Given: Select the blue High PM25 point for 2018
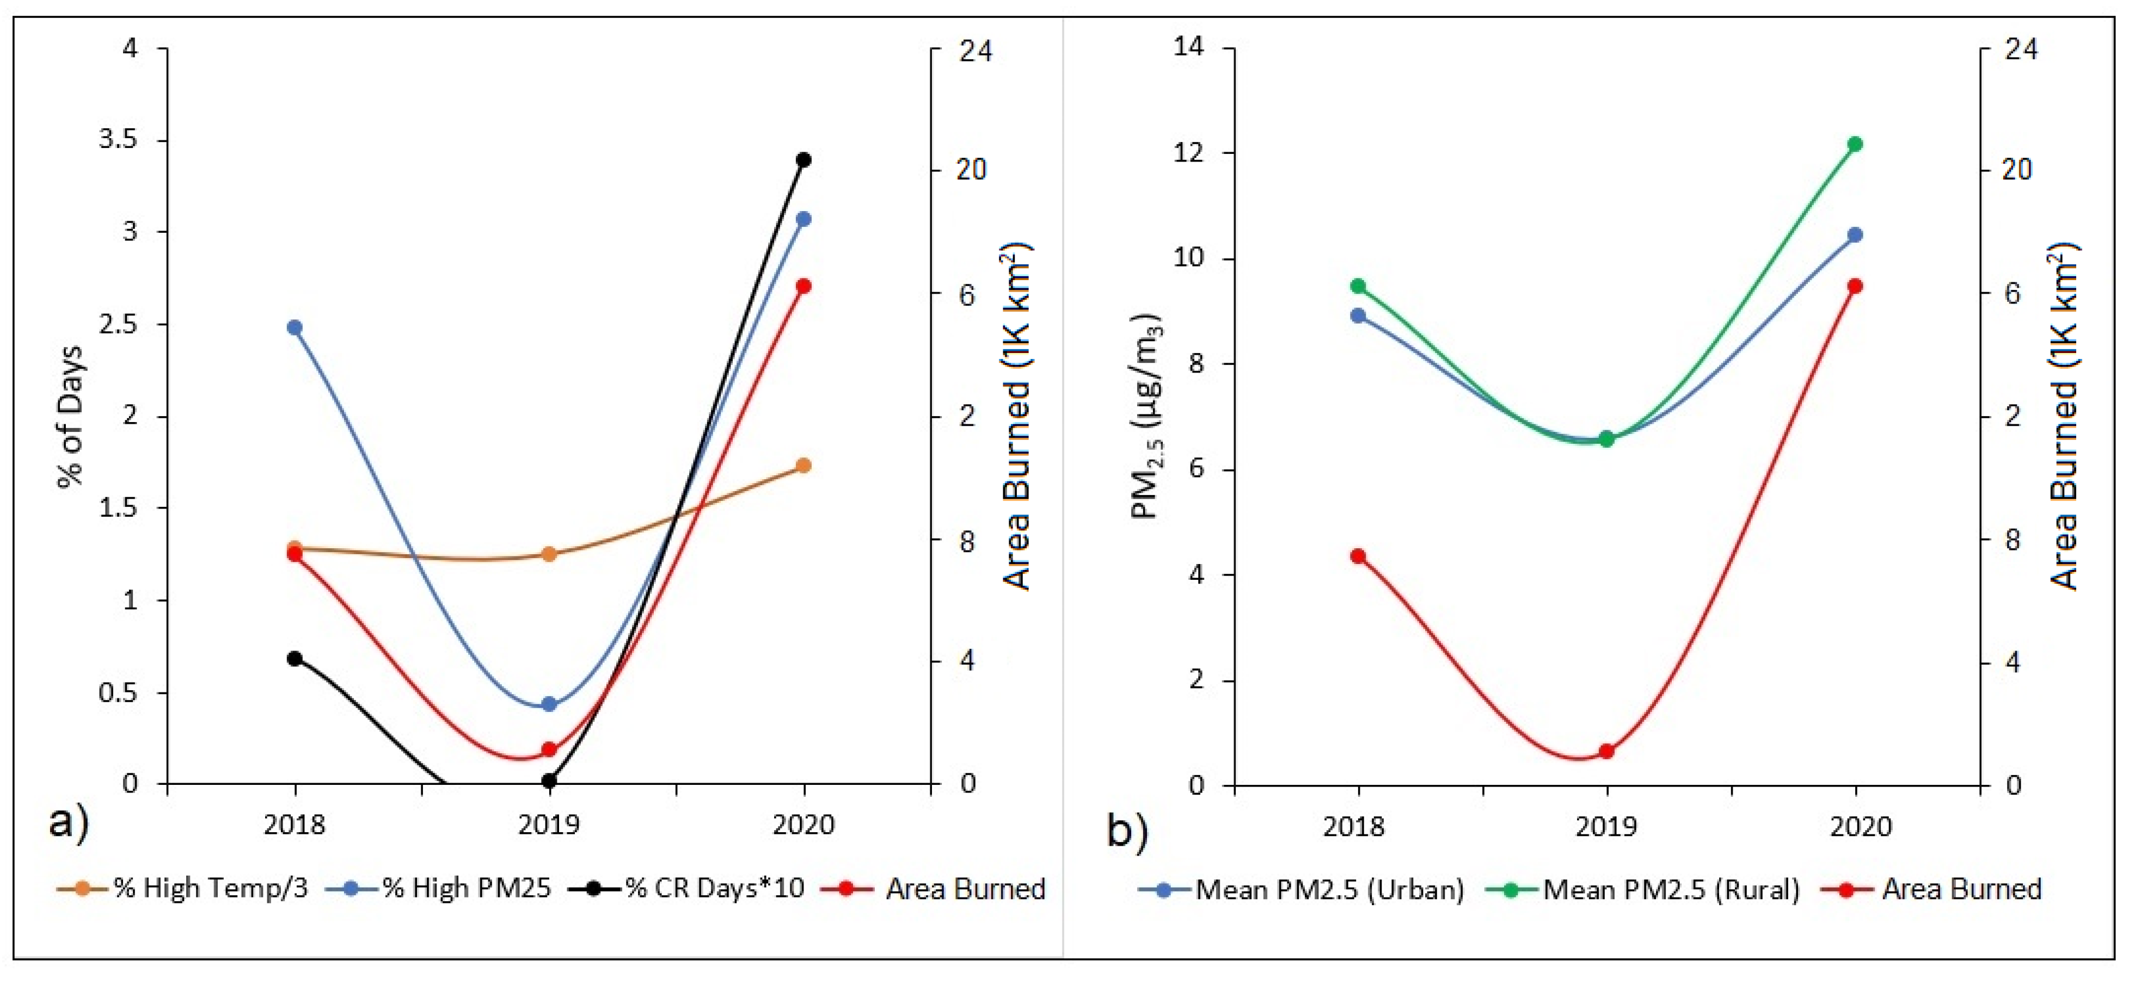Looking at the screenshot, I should click(294, 327).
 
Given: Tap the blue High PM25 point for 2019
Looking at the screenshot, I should click(549, 704).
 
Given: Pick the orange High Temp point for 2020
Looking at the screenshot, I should click(803, 466).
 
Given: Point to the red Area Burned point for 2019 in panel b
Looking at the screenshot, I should click(1606, 752).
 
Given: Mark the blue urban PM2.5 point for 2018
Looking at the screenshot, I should click(1358, 315).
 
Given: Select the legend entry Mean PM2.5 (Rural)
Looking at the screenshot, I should click(1671, 890).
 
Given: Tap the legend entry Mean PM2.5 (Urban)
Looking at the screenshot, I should click(1329, 890).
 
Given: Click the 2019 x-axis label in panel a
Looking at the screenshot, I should click(549, 825).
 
